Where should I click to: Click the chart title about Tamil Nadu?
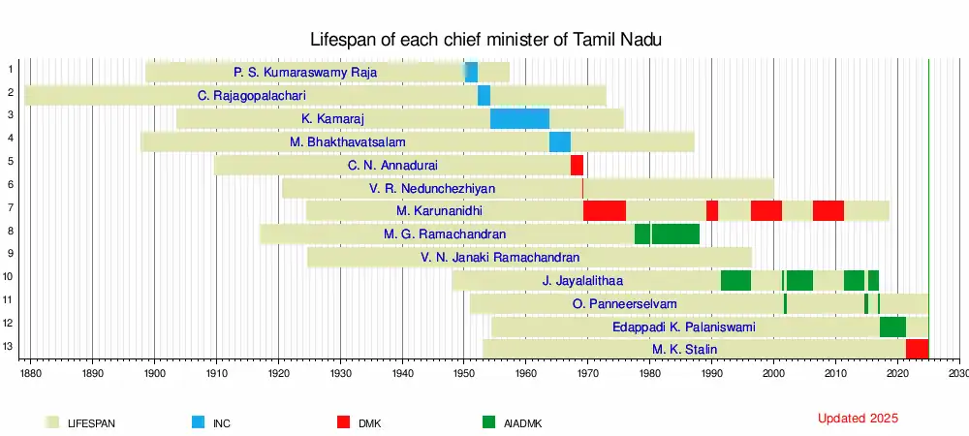[x=485, y=40]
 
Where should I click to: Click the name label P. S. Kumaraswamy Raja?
[x=305, y=72]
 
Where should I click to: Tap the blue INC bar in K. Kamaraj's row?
[x=519, y=118]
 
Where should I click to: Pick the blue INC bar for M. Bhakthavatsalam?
[x=559, y=141]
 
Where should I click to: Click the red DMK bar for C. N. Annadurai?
[x=577, y=165]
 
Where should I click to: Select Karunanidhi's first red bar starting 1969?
[x=604, y=210]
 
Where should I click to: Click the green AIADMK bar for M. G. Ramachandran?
[x=667, y=234]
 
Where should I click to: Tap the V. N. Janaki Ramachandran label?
[x=500, y=257]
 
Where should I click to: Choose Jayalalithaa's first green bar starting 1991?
[x=735, y=280]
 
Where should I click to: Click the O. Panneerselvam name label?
[x=624, y=303]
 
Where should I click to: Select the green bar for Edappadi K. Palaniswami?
[x=892, y=327]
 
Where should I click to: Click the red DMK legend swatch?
[x=343, y=422]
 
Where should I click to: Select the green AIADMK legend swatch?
[x=487, y=422]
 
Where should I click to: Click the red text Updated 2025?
[x=858, y=419]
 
